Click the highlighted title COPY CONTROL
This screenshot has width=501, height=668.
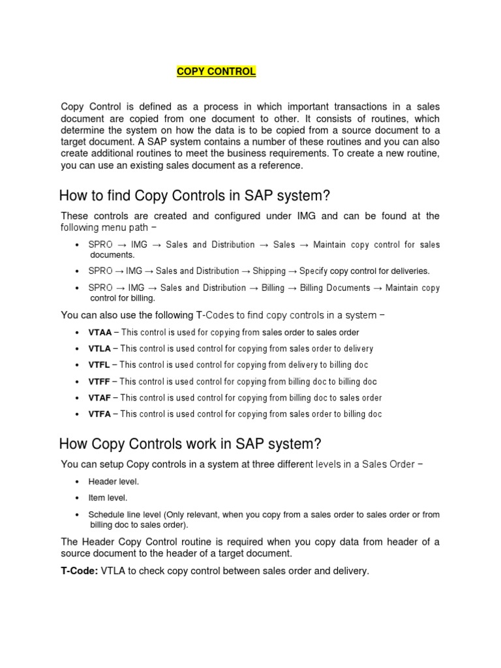click(217, 72)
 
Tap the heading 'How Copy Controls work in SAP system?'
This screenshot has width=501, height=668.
click(190, 444)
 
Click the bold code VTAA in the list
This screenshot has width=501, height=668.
click(100, 332)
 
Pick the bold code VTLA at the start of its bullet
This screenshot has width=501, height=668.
click(100, 348)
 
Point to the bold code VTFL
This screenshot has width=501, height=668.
click(99, 365)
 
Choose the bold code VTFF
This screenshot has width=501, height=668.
click(99, 382)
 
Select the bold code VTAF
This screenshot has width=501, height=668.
click(99, 398)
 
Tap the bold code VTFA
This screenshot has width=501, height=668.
click(99, 414)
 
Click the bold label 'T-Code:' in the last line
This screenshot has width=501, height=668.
click(80, 571)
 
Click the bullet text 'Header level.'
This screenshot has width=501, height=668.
click(114, 481)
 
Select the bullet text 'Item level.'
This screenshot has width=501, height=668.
click(109, 498)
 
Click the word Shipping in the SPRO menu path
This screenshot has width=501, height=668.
click(269, 271)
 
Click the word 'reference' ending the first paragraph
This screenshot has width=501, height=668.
click(282, 166)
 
